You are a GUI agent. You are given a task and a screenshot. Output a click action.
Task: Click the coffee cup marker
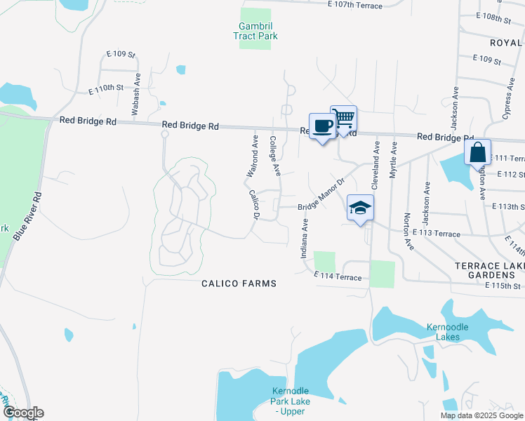coord(322,126)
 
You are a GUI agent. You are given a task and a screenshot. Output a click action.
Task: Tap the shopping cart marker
coord(343,118)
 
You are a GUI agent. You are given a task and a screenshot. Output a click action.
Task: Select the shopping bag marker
coord(477,152)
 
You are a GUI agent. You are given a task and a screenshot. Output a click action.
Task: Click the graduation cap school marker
coord(360,208)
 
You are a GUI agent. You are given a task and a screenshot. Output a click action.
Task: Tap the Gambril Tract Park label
coord(255,31)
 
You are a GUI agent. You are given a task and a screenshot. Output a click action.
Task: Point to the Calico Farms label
coord(239,283)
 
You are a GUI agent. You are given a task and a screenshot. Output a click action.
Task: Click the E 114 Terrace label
coord(338,276)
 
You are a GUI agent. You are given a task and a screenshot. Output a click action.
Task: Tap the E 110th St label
coord(106,89)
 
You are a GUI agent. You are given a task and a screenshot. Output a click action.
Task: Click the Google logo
coord(22,413)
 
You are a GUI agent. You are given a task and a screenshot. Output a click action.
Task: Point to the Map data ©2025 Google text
coord(481,415)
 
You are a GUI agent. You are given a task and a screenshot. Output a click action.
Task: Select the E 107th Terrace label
coord(354,6)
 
